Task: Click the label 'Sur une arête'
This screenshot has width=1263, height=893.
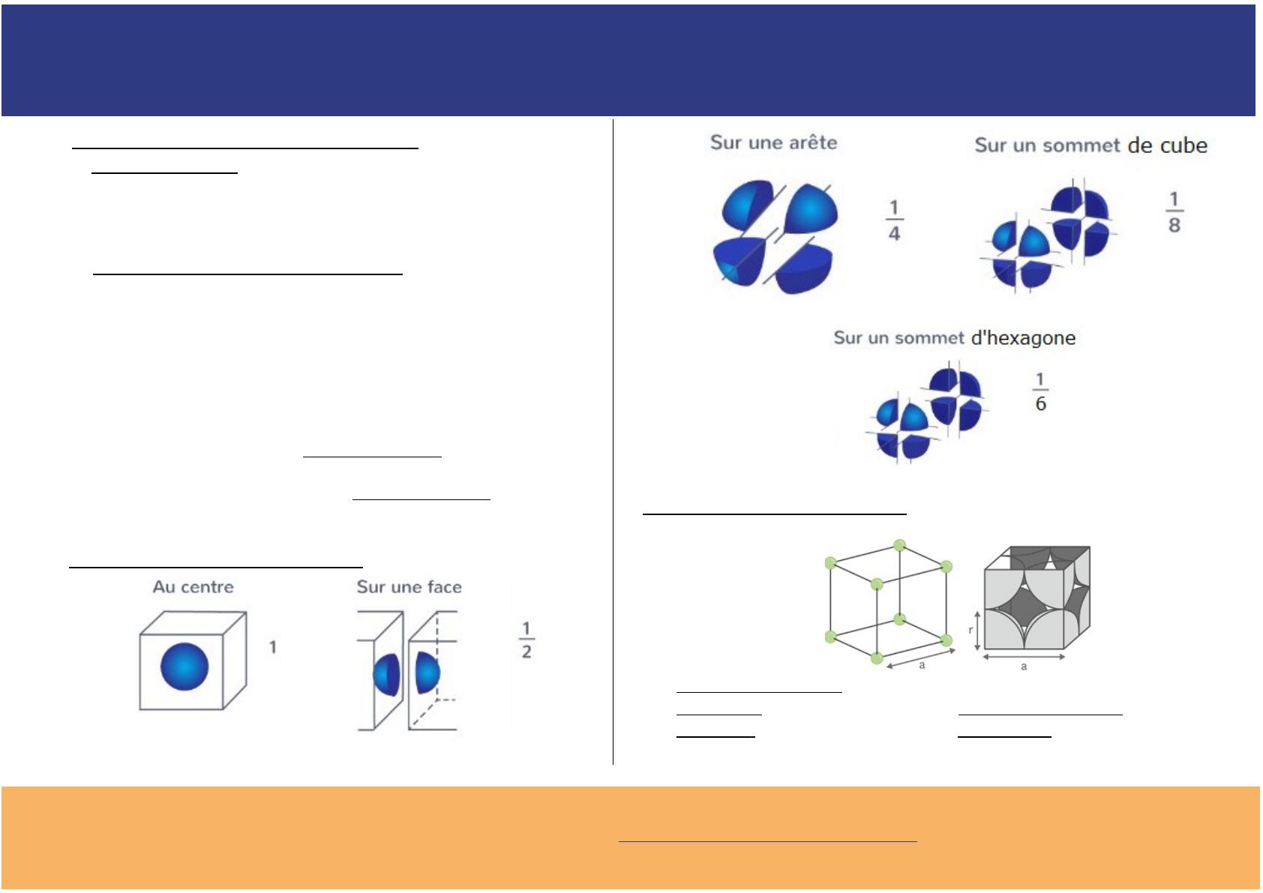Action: pos(773,142)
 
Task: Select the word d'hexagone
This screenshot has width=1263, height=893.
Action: pos(1023,337)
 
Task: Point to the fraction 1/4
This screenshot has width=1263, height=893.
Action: pos(894,220)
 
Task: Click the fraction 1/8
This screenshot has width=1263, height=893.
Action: pos(1174,212)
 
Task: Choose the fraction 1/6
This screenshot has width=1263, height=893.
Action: pos(1040,392)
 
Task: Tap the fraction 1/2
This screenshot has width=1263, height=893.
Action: pos(526,640)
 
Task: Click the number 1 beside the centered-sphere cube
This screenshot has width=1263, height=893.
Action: pos(273,647)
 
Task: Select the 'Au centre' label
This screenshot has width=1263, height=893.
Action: pos(193,587)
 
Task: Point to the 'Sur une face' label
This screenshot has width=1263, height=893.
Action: pos(409,587)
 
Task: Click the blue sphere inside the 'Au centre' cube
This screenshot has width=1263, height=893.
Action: pos(184,667)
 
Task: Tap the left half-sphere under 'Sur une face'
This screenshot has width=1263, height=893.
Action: pos(387,675)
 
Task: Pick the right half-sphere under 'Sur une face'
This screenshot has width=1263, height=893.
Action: pos(427,673)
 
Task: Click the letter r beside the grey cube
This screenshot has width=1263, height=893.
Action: pos(970,630)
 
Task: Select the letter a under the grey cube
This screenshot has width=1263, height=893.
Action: pos(1024,667)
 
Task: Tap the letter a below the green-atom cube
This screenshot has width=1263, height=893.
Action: pos(922,665)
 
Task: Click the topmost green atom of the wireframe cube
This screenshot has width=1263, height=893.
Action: pos(899,545)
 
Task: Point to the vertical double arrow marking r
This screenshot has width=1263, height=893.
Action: pos(978,631)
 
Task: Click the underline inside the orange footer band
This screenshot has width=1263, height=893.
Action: pos(767,842)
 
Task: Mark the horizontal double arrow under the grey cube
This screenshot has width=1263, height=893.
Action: pos(1024,657)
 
